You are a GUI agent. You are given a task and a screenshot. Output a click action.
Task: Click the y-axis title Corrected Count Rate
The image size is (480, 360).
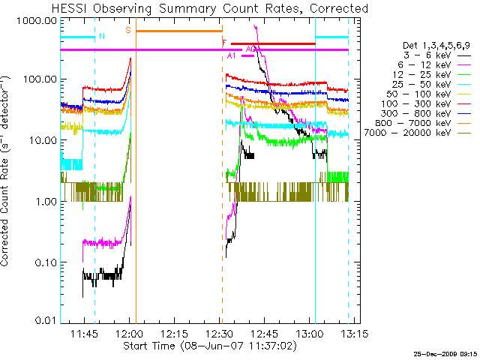click(7, 171)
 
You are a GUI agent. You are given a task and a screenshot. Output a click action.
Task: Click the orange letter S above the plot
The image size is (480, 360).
click(128, 30)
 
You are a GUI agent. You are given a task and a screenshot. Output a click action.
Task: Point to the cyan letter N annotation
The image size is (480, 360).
click(102, 36)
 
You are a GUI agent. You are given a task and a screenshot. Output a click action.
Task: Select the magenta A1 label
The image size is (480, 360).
click(232, 56)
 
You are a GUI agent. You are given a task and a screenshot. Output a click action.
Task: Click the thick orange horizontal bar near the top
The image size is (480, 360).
click(179, 31)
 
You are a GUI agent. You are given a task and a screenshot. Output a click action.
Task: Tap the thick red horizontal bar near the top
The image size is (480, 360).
click(273, 44)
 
